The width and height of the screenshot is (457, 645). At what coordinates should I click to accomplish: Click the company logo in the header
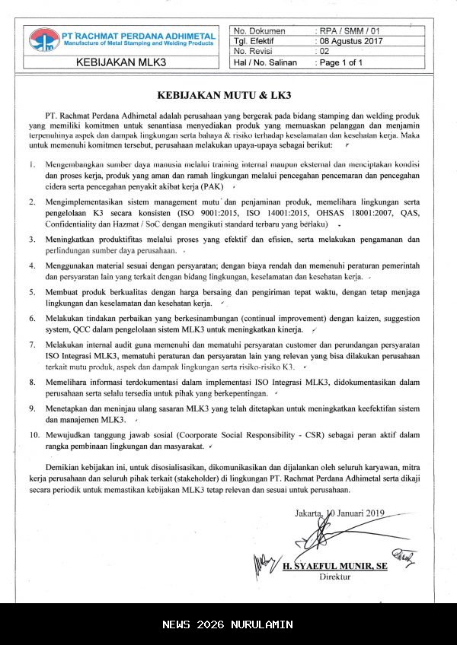[x=44, y=39]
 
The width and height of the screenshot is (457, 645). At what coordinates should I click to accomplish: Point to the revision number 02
[x=324, y=52]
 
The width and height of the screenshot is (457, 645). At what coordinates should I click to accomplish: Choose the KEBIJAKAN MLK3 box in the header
[x=122, y=62]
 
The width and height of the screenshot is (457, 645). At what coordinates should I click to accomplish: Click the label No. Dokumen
[x=260, y=30]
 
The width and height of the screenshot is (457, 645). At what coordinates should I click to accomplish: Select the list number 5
[x=32, y=291]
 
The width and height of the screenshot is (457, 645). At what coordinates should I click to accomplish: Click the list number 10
[x=34, y=435]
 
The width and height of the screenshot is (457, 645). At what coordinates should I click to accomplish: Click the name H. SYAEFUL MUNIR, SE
[x=335, y=567]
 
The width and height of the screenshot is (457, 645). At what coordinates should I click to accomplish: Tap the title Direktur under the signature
[x=335, y=577]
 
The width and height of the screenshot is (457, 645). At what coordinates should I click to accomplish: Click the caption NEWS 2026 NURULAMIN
[x=228, y=624]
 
